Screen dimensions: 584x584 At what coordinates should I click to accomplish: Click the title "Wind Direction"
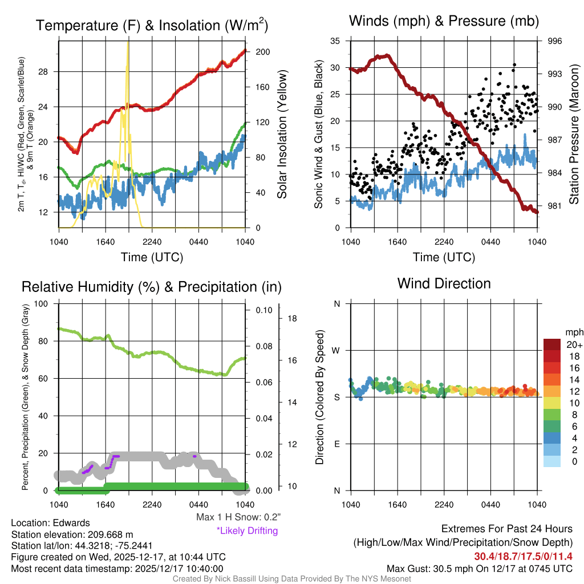point(444,283)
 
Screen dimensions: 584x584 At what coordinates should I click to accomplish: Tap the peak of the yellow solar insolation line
point(128,43)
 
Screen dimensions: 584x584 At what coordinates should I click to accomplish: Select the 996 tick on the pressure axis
point(555,41)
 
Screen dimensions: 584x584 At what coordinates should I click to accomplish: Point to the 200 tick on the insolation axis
point(263,52)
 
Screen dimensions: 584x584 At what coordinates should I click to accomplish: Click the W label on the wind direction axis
point(336,350)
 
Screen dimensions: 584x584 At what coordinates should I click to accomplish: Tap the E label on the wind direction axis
point(336,444)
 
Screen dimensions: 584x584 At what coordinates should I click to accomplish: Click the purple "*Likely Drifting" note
point(247,531)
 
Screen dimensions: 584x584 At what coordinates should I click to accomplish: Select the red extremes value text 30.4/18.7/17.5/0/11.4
point(523,557)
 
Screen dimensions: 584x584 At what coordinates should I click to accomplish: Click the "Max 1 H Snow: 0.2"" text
point(238,517)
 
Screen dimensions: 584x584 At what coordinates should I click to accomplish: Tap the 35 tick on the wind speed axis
point(335,41)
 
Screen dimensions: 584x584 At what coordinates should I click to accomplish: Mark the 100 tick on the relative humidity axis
point(41,303)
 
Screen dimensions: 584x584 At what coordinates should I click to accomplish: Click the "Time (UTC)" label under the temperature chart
point(152,257)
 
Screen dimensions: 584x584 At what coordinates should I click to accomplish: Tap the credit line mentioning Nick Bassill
point(291,579)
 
